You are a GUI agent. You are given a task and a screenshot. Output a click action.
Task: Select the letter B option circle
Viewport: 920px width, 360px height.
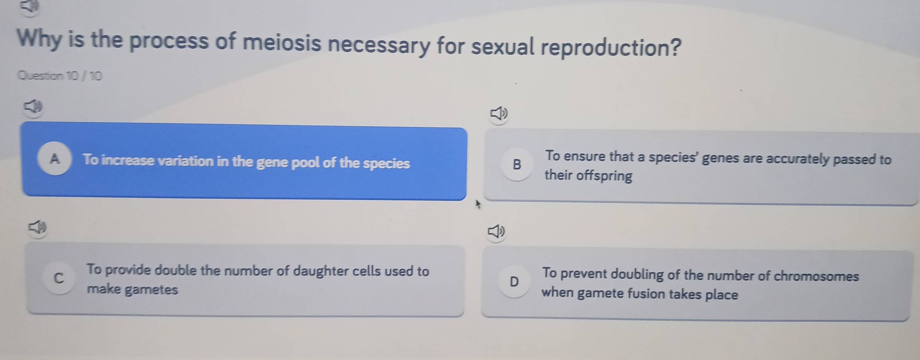pyautogui.click(x=517, y=165)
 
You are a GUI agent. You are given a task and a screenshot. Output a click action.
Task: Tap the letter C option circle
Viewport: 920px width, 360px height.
pyautogui.click(x=59, y=278)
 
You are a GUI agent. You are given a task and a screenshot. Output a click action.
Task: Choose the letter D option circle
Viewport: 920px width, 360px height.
pyautogui.click(x=514, y=282)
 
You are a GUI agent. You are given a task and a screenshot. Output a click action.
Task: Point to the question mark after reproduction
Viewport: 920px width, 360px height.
pyautogui.click(x=674, y=47)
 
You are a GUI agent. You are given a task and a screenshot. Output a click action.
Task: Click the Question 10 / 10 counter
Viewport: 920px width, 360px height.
pyautogui.click(x=60, y=76)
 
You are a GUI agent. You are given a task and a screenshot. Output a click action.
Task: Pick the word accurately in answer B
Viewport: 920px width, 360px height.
pyautogui.click(x=787, y=159)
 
